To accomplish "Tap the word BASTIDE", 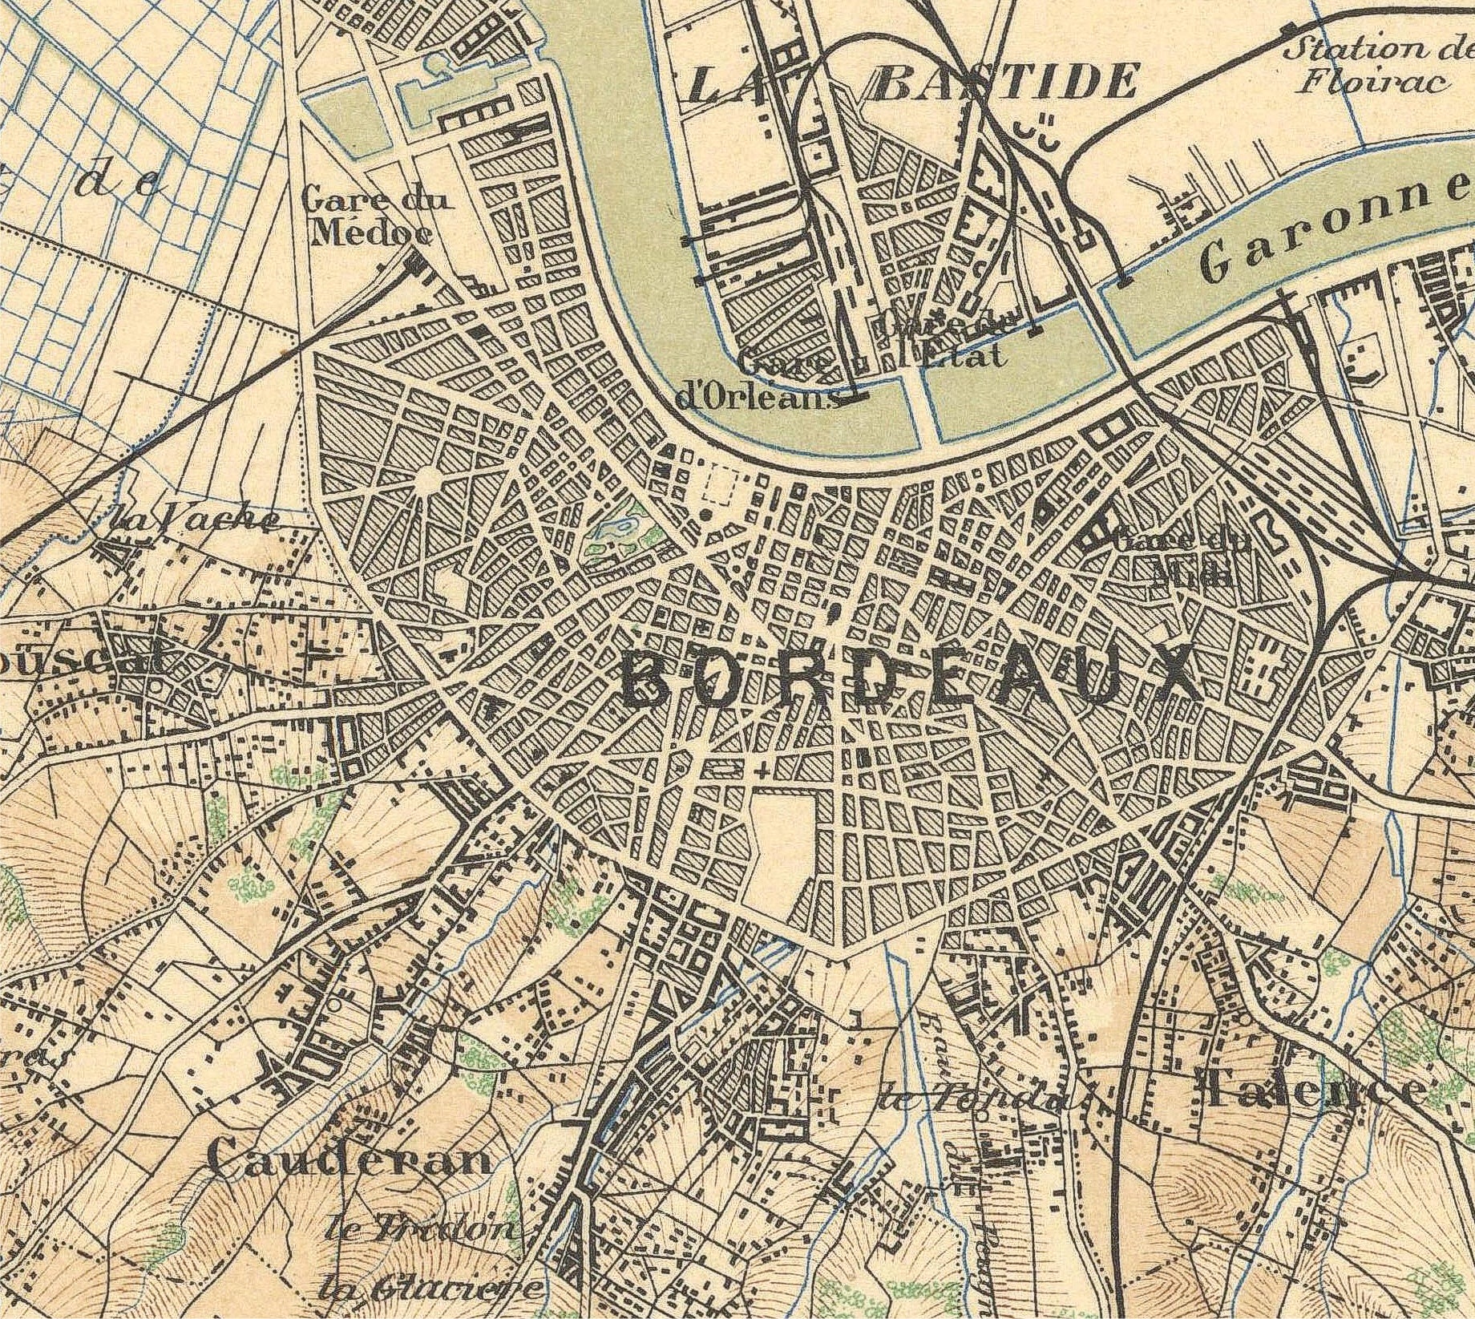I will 1004,82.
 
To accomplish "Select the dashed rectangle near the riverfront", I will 725,486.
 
